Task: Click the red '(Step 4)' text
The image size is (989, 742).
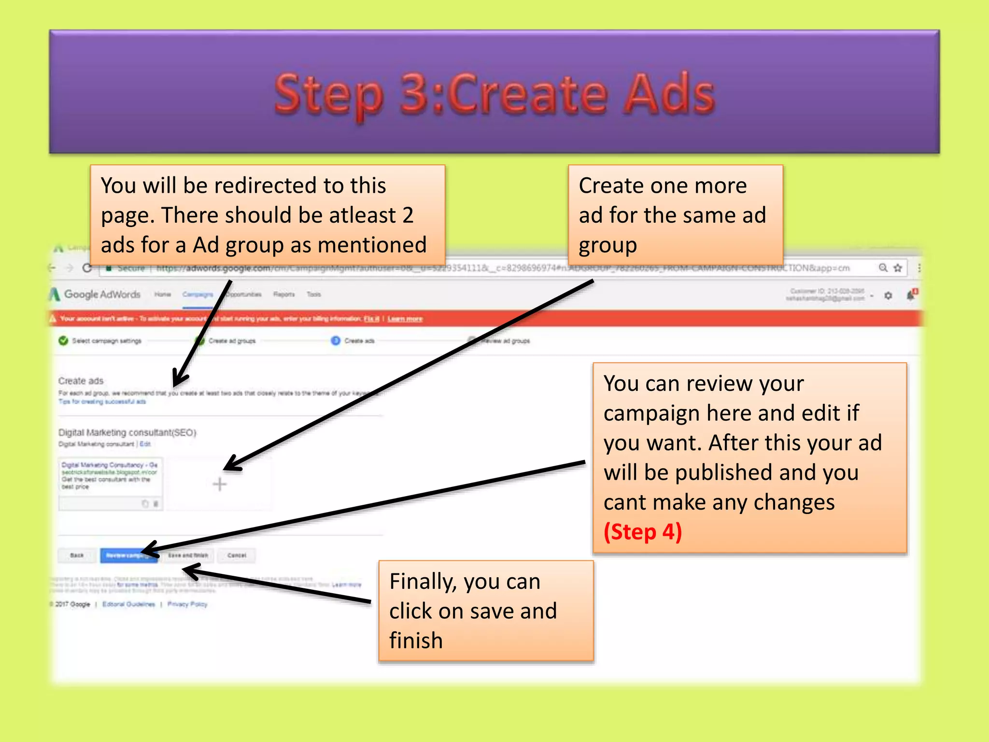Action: coord(642,532)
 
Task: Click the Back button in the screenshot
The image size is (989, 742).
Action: coord(77,556)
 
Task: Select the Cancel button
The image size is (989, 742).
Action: coord(237,556)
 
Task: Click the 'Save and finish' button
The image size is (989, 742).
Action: coord(188,556)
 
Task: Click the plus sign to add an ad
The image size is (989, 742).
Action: coord(220,484)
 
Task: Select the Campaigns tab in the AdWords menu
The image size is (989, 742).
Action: coord(198,294)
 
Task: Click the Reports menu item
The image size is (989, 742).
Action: coord(283,294)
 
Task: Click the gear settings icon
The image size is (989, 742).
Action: coord(888,295)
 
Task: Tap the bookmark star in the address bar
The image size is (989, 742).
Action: coord(898,268)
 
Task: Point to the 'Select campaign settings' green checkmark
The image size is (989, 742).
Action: coord(63,341)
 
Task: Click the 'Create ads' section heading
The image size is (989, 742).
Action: coord(81,381)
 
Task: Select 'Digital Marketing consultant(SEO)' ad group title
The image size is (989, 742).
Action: coord(127,432)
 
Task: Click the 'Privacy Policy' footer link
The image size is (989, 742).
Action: coord(187,604)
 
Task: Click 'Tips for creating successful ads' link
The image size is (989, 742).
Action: coord(102,401)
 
